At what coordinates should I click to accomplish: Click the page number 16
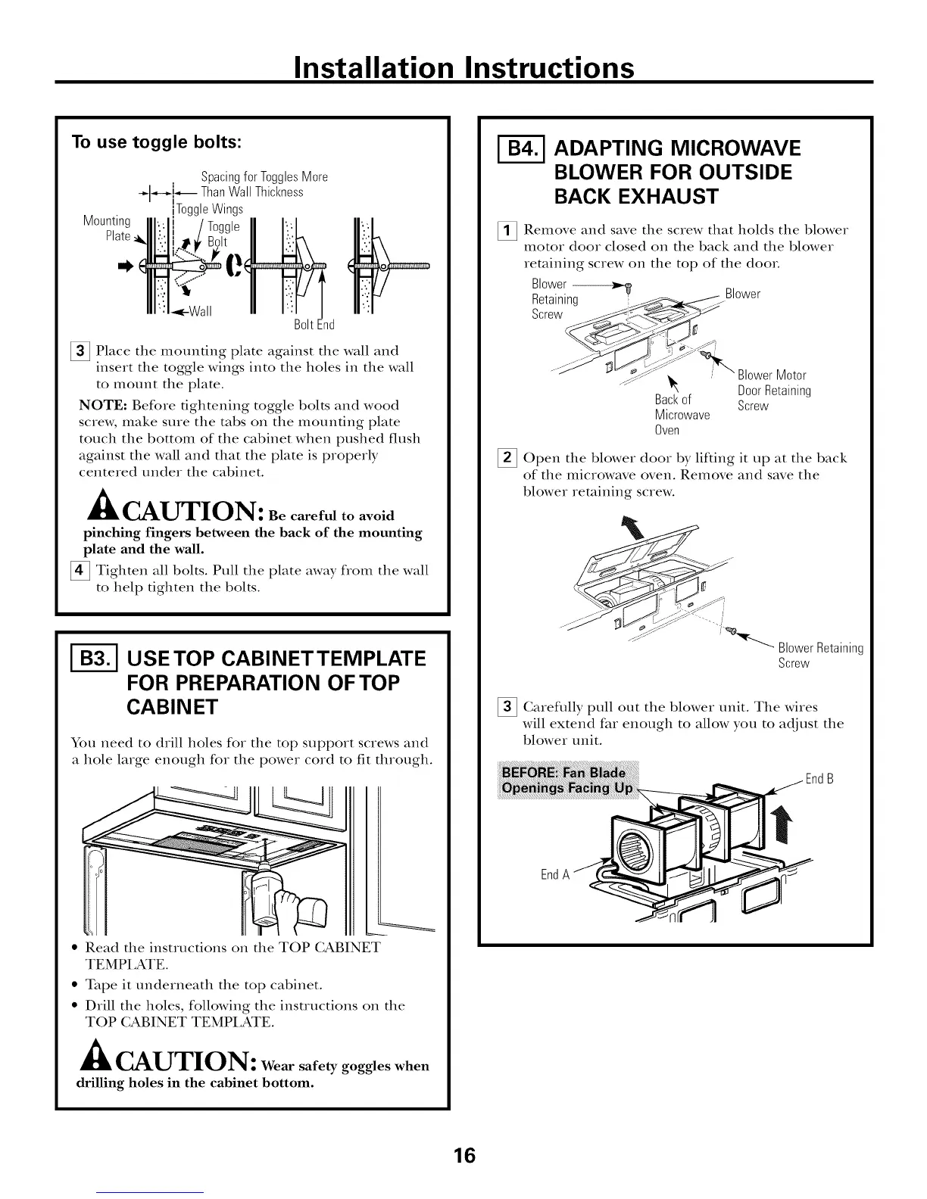click(464, 1155)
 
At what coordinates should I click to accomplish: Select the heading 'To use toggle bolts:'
click(156, 142)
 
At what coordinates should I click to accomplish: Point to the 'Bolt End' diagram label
click(314, 325)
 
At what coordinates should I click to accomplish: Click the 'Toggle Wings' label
click(209, 209)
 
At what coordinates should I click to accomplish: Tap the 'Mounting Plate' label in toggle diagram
click(108, 228)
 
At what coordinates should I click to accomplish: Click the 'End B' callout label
click(819, 779)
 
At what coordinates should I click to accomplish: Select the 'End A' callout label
click(554, 874)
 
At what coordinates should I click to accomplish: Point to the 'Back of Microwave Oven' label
click(681, 415)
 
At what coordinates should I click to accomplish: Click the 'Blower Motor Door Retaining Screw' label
click(773, 391)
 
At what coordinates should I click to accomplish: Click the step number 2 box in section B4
click(507, 459)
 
